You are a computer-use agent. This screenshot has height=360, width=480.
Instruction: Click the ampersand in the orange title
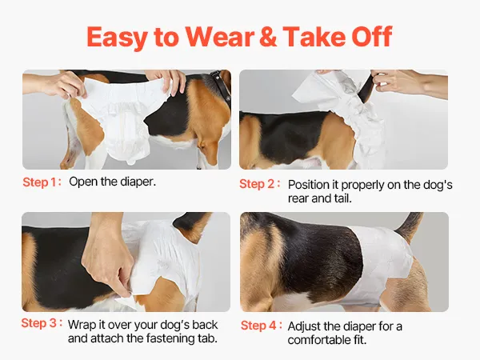click(268, 37)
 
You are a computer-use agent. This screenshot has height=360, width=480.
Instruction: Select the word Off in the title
click(372, 37)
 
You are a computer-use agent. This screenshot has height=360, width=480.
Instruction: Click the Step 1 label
click(42, 182)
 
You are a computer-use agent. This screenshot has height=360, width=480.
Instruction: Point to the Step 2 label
click(259, 184)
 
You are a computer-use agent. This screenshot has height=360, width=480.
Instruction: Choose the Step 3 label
click(42, 323)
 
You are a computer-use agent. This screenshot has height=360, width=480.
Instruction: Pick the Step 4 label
click(261, 325)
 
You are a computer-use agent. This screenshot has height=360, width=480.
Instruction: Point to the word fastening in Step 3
click(170, 338)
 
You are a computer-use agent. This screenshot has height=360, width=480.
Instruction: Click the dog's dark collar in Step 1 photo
click(221, 86)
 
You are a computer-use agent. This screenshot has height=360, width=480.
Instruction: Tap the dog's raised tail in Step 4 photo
click(410, 226)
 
